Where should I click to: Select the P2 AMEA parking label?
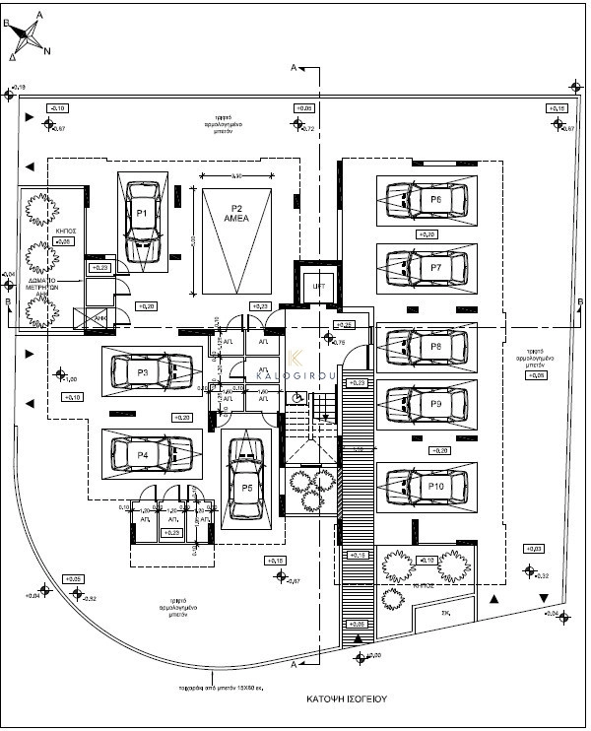click(x=236, y=214)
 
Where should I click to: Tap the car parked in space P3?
click(x=152, y=372)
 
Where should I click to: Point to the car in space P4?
click(x=152, y=454)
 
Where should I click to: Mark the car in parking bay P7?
click(x=426, y=267)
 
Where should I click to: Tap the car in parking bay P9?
click(x=426, y=403)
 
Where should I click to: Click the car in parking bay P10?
click(x=426, y=486)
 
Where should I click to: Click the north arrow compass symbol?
click(x=30, y=34)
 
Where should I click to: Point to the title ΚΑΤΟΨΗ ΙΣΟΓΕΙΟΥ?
click(x=345, y=698)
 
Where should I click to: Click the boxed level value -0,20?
click(x=439, y=450)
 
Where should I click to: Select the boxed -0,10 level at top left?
click(x=57, y=107)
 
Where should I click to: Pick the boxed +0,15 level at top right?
click(x=558, y=107)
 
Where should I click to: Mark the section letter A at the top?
click(x=294, y=67)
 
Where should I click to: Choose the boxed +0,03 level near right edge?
click(x=534, y=548)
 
